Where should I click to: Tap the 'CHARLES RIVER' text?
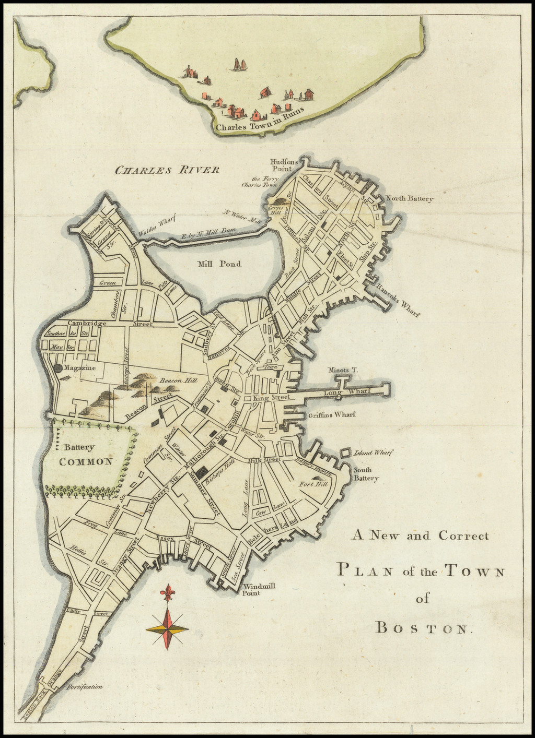tap(167, 170)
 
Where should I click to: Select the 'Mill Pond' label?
tap(219, 264)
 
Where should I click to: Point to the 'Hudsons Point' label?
tap(284, 165)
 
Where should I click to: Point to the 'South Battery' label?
tap(366, 474)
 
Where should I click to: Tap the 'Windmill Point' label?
tap(259, 589)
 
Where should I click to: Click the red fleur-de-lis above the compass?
tap(168, 594)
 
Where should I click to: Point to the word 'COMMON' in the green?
tap(86, 461)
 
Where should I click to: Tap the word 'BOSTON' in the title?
tap(424, 628)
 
